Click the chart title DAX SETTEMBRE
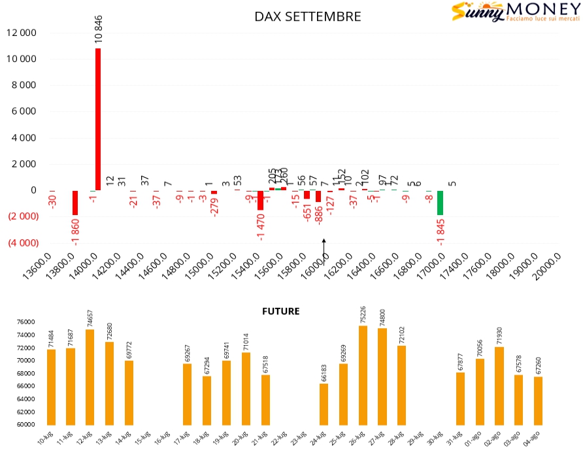coord(307,17)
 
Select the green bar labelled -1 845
coord(440,203)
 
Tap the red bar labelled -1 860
coord(75,203)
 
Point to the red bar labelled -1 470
coord(260,200)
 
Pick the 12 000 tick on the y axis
coord(22,33)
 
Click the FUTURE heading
coord(280,311)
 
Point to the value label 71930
coord(499,335)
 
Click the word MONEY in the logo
coord(542,10)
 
